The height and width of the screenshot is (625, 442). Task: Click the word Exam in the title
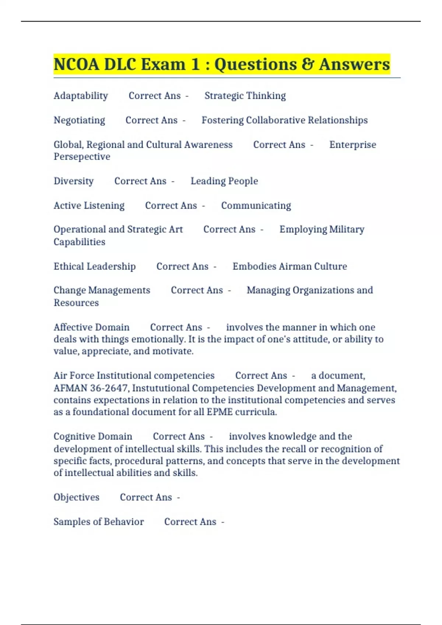163,64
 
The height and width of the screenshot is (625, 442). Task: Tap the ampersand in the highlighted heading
307,64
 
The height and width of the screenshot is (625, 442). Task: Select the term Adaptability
81,96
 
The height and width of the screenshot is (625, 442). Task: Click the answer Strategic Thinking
245,96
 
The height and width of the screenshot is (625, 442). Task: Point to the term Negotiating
79,120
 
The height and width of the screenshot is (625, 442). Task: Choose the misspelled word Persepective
82,157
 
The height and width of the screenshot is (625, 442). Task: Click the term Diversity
74,181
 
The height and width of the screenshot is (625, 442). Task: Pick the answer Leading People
224,181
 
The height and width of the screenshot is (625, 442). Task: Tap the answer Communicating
256,206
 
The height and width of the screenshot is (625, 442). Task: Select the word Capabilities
79,242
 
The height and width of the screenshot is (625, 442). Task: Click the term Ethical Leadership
95,266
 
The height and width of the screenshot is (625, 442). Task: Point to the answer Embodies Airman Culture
290,266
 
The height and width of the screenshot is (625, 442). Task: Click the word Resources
76,303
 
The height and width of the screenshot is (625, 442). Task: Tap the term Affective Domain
91,327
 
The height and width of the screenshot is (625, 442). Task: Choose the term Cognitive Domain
93,436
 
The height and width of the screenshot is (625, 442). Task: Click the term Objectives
76,497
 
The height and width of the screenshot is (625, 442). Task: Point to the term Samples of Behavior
99,522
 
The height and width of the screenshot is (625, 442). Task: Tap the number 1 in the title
195,64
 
